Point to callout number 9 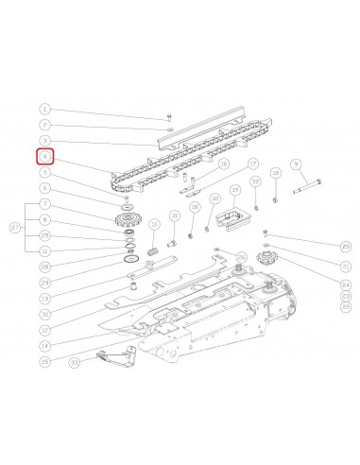(x=296, y=164)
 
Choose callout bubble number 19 (x=235, y=193)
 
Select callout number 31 (x=175, y=216)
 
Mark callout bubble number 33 (x=74, y=361)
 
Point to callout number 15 (x=44, y=361)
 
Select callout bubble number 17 (x=252, y=164)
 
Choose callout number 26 (x=242, y=257)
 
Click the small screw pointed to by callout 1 (x=167, y=116)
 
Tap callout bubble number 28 (x=44, y=267)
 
